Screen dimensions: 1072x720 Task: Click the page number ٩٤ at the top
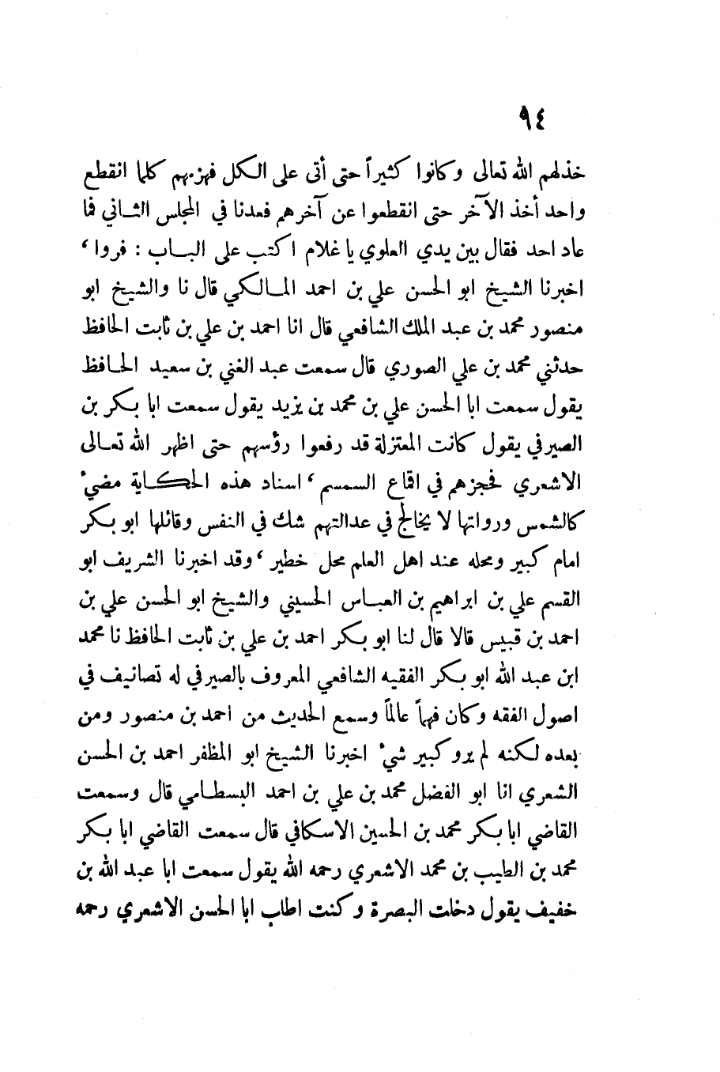point(533,121)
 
